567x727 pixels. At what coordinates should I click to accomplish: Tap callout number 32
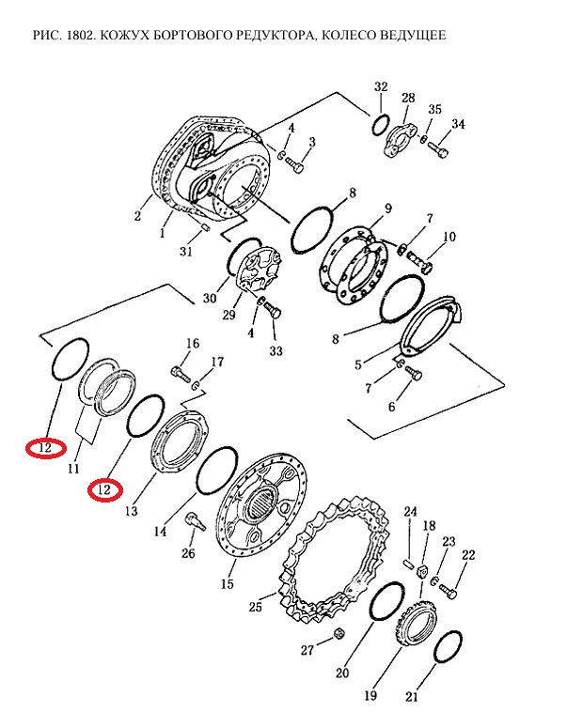[x=381, y=86]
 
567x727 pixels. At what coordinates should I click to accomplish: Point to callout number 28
[x=408, y=98]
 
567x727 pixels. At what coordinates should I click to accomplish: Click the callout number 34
[x=458, y=124]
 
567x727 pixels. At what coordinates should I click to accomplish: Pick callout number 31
[x=185, y=252]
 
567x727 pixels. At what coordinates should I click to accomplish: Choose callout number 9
[x=388, y=209]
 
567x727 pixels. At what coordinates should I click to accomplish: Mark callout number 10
[x=449, y=237]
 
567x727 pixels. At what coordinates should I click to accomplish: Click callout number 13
[x=132, y=510]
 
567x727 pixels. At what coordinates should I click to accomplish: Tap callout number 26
[x=188, y=553]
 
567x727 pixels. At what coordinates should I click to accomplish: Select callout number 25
[x=256, y=607]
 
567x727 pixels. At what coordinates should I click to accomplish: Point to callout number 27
[x=307, y=650]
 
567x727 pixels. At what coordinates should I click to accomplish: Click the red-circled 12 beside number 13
[x=105, y=489]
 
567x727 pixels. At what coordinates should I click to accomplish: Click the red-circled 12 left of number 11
[x=45, y=448]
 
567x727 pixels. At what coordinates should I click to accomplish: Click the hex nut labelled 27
[x=339, y=633]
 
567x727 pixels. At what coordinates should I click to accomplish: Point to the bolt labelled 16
[x=181, y=372]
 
